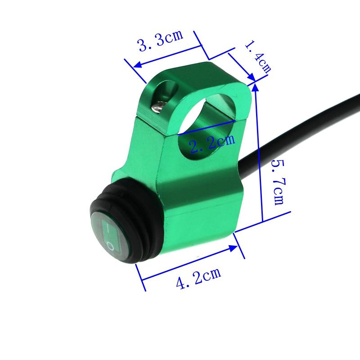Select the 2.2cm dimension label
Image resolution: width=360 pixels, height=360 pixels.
coord(211,144)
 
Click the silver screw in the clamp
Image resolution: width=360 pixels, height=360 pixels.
coord(158,107)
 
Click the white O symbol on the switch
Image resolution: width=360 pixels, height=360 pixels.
coord(111,246)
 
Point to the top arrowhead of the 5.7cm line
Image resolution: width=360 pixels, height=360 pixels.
coord(256,87)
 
